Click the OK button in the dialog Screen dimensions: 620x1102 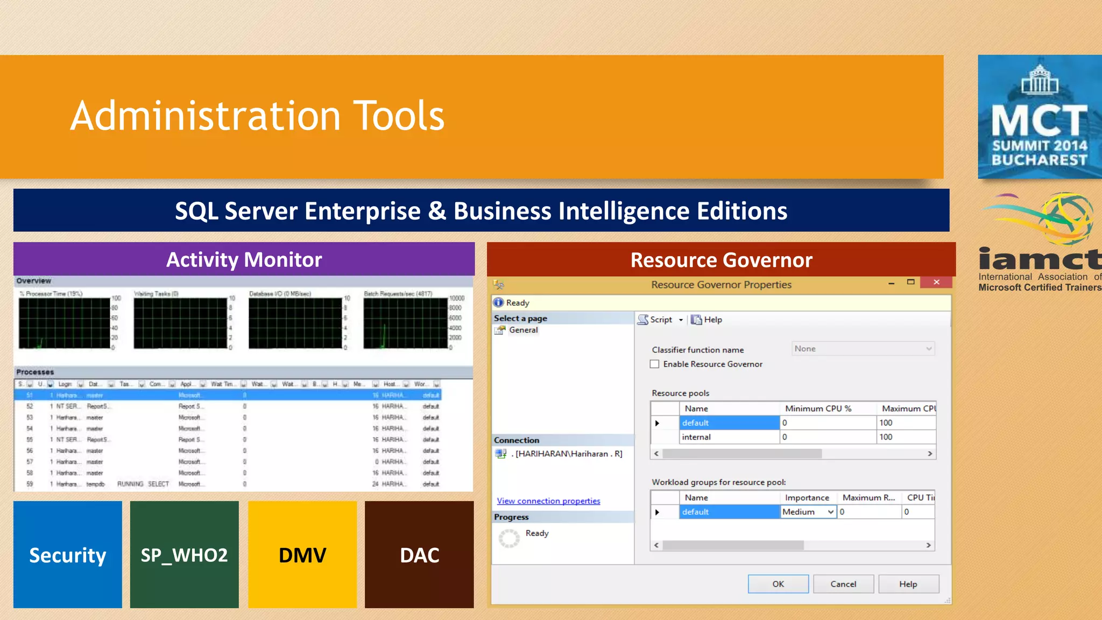pos(778,584)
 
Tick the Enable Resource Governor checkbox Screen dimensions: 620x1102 pos(655,364)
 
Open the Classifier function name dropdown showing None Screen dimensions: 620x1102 pos(863,349)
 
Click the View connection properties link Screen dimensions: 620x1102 pos(548,501)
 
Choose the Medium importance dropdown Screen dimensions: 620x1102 pos(808,512)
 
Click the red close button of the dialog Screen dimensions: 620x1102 pos(936,282)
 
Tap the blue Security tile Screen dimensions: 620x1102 pos(68,555)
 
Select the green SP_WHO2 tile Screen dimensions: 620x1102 pos(184,555)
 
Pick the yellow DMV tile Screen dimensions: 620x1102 pos(302,555)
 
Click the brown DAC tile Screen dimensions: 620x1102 pos(419,555)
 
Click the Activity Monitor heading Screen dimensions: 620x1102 pos(244,259)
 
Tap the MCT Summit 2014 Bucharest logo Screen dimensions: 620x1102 pos(1040,117)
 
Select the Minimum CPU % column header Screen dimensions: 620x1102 pos(818,408)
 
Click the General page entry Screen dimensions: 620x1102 pos(523,330)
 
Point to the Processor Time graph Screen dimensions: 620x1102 pos(65,323)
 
